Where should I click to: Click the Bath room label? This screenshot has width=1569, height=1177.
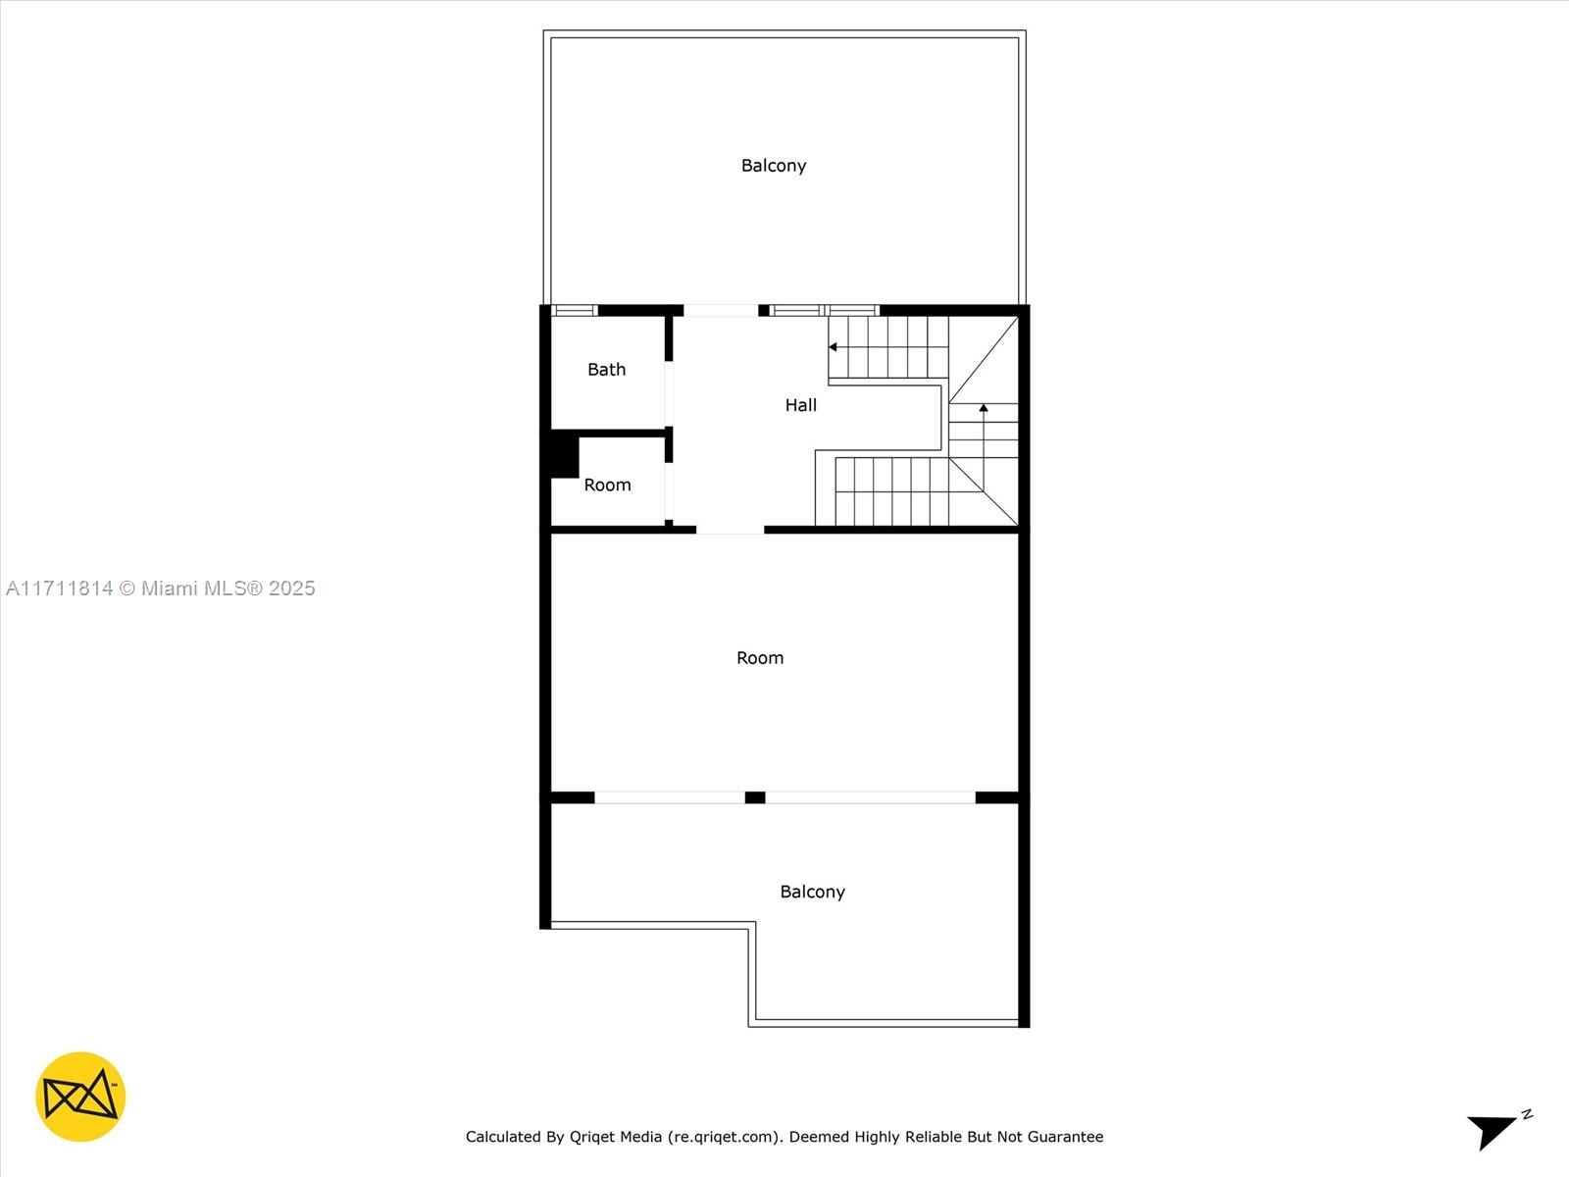click(606, 370)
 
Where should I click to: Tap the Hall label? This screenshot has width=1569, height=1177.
click(800, 405)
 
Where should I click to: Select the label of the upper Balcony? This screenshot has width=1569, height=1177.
click(773, 166)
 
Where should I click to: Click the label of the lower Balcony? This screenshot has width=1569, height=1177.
click(812, 892)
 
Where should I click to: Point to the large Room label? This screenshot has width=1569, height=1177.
click(760, 658)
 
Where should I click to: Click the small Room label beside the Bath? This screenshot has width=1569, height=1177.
click(607, 486)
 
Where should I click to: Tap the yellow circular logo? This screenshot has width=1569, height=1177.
click(80, 1097)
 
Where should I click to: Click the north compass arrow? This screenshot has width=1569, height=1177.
click(1494, 1129)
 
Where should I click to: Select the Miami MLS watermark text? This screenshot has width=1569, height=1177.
click(161, 588)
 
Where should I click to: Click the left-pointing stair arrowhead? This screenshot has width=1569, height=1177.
click(833, 347)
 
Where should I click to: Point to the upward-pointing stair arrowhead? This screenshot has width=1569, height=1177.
click(984, 408)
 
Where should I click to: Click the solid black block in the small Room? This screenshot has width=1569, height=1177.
click(564, 456)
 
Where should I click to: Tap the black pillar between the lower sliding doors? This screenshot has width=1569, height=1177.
click(755, 797)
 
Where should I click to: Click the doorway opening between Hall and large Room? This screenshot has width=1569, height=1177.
click(730, 530)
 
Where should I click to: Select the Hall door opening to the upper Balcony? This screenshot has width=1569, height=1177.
click(720, 311)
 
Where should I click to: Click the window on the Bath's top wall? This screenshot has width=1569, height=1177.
click(575, 311)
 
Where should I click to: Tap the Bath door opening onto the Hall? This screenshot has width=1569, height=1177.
click(669, 392)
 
